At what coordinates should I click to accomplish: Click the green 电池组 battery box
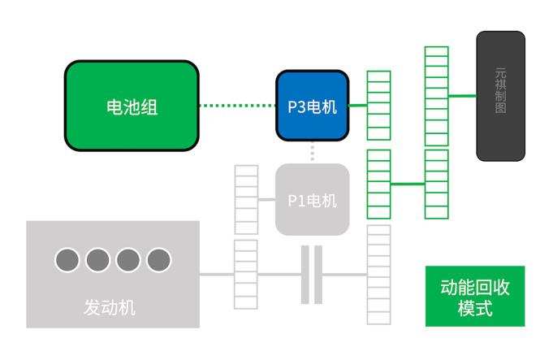coord(132,106)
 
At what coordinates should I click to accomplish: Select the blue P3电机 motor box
coord(312,106)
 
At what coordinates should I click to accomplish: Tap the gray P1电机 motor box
coord(312,199)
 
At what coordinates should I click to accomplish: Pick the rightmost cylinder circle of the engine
coord(159,259)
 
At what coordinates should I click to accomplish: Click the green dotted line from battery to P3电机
coord(237,106)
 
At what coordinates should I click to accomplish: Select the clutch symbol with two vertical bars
coord(312,274)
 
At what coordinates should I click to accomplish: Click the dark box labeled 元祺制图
coord(500,95)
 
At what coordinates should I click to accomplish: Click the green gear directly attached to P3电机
coord(378,106)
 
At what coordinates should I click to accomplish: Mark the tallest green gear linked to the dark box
coord(436,132)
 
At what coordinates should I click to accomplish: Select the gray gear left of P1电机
coord(246,199)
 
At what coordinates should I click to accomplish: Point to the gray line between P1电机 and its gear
coord(266,199)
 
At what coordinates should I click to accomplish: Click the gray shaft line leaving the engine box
coord(216,274)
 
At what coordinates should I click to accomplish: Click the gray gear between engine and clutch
coord(246,274)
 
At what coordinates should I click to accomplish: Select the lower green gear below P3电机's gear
coord(378,184)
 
